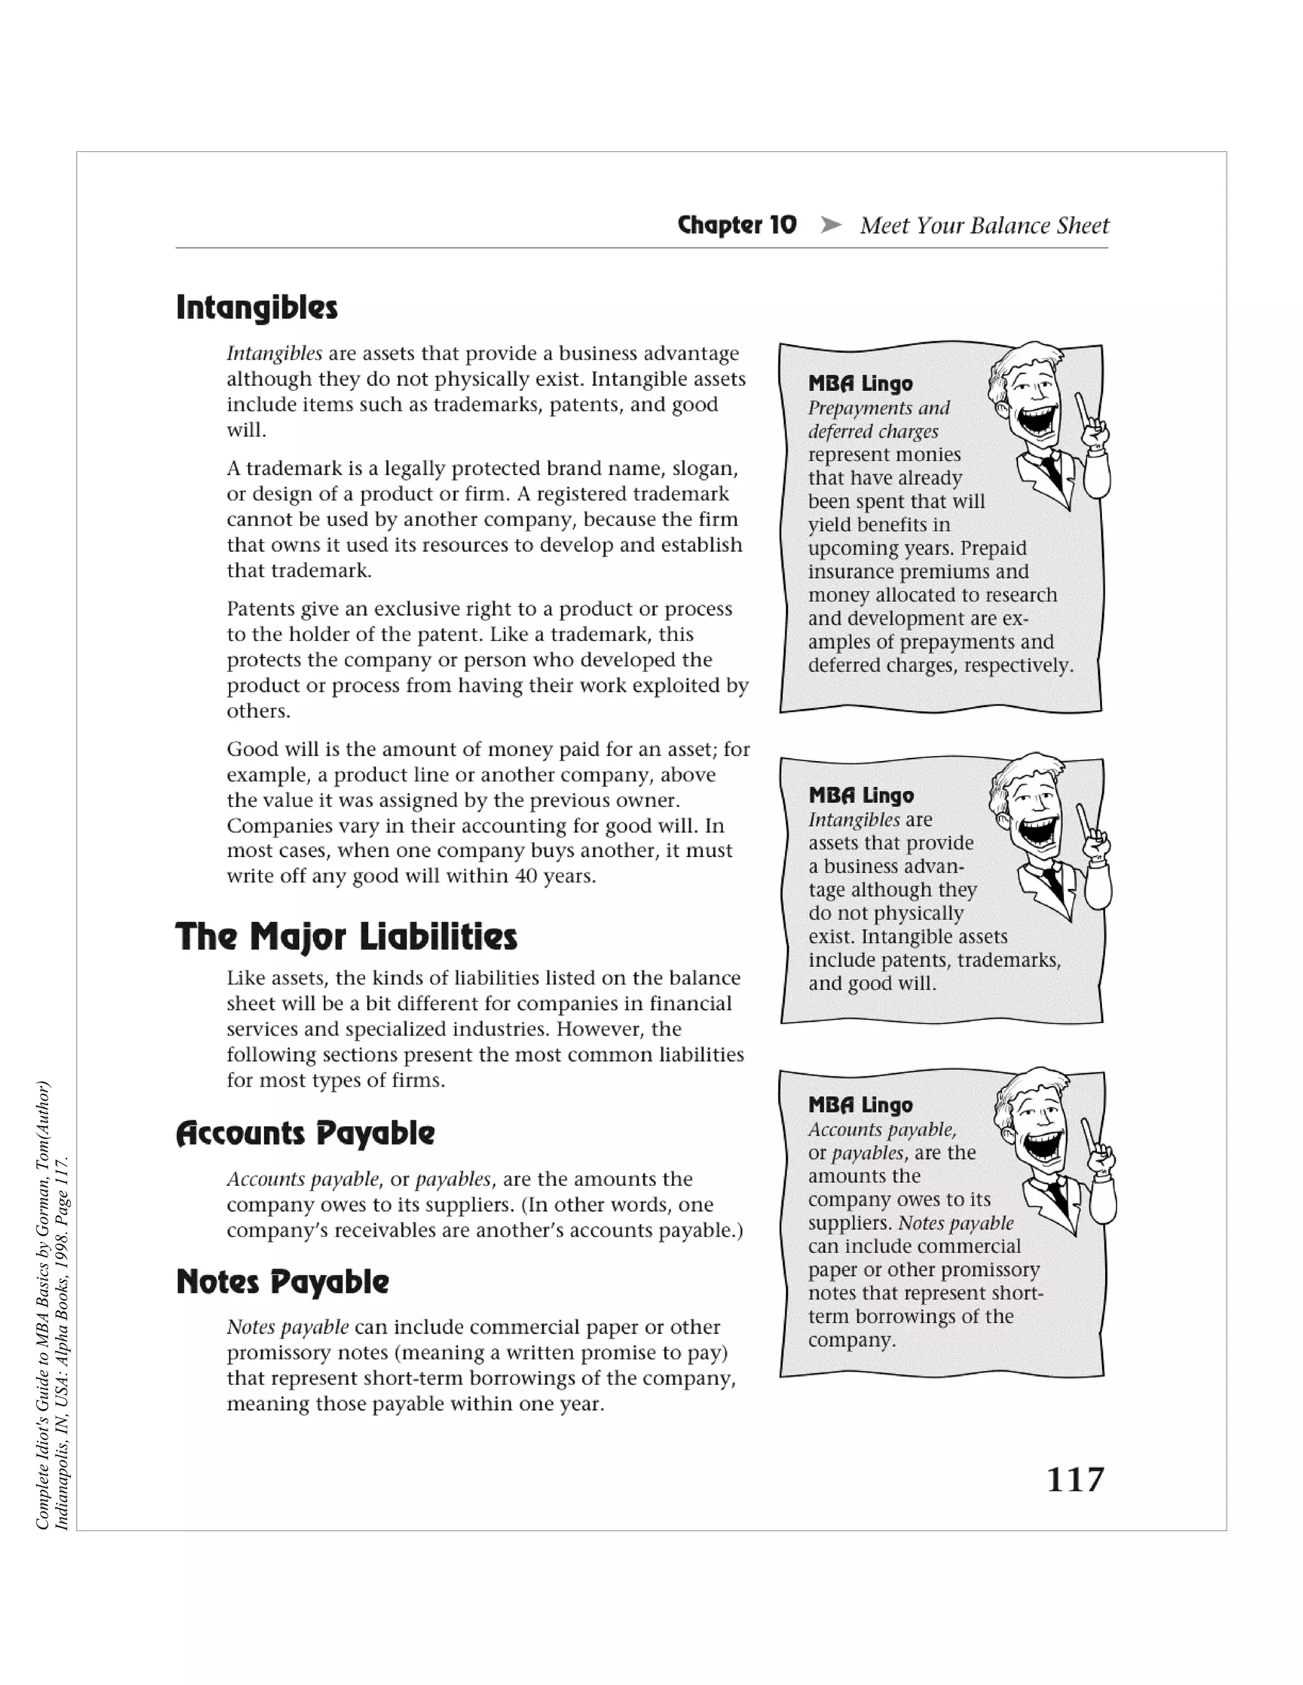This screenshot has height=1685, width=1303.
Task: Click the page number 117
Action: [x=1075, y=1480]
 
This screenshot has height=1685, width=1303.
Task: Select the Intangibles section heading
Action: [x=257, y=307]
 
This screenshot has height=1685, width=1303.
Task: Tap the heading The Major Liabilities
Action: [x=346, y=937]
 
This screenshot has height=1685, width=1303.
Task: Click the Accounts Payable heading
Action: [x=305, y=1133]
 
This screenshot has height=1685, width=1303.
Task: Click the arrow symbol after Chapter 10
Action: [x=830, y=225]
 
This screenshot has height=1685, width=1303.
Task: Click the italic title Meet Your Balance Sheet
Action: [x=984, y=225]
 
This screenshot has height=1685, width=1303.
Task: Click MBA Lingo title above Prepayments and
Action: [x=860, y=383]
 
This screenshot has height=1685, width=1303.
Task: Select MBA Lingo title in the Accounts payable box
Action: [x=860, y=1105]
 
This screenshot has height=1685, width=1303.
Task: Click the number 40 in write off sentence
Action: [x=526, y=876]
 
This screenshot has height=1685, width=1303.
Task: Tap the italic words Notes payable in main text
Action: [x=287, y=1327]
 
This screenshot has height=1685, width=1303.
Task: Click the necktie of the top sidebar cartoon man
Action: [x=1049, y=467]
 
